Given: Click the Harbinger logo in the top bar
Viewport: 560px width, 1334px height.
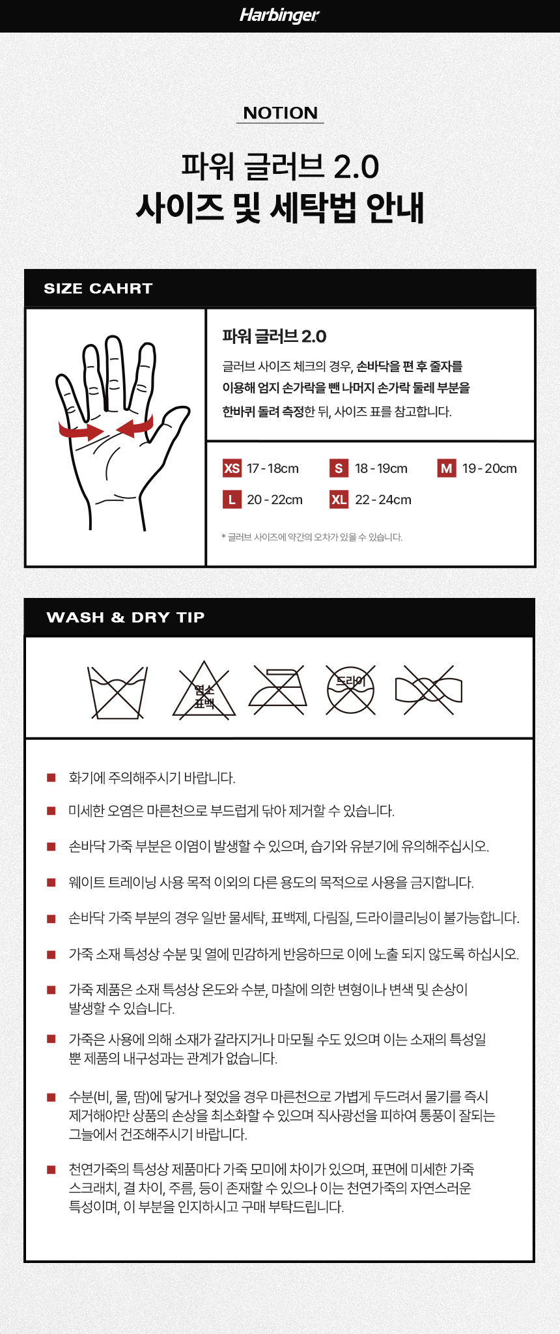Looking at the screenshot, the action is (279, 15).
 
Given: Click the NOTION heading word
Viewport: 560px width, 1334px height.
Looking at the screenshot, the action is (280, 113).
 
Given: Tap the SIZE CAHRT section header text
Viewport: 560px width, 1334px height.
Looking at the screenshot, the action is (98, 289).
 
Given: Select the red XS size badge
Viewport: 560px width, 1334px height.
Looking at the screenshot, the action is (232, 468).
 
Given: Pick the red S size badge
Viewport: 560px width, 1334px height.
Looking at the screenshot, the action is (339, 468).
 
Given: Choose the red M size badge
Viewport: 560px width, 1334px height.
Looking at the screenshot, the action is (447, 468).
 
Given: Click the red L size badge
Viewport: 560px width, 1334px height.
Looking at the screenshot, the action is (232, 500).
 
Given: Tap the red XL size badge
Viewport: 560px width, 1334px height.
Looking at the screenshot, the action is (339, 500).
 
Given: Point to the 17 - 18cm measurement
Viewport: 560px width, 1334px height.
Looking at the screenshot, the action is (273, 468).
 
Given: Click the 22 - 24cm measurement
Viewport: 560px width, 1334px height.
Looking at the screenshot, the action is (383, 500).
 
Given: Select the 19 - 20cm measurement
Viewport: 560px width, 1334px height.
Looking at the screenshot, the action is (490, 468).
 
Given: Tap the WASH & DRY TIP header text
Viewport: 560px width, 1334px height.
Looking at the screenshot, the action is (126, 617).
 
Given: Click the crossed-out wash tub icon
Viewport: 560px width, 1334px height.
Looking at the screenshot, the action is (118, 692).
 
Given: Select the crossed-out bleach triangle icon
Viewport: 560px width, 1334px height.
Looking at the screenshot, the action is (204, 691).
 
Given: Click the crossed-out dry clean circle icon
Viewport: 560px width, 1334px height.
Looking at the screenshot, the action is (350, 689).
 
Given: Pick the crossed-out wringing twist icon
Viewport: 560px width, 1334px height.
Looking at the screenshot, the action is (428, 690).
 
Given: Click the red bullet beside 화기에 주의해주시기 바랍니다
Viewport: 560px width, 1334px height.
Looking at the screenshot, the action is (51, 777).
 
